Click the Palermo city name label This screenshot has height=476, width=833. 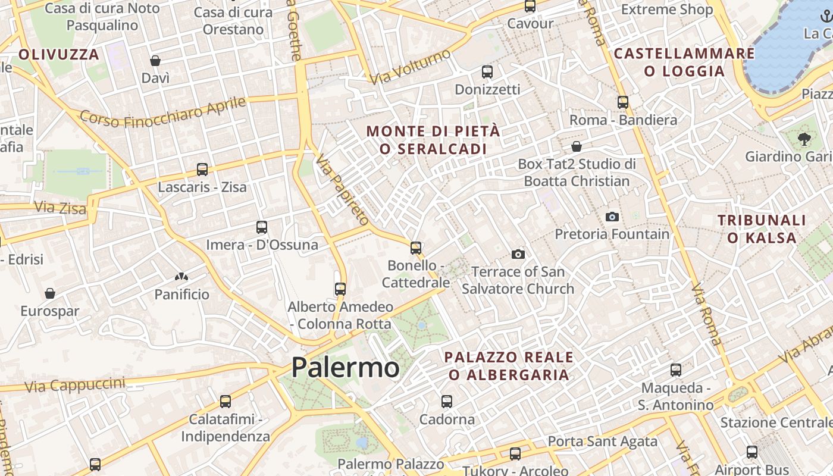click(345, 367)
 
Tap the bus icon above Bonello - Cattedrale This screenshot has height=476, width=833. click(416, 248)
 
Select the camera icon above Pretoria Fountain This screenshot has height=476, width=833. click(612, 217)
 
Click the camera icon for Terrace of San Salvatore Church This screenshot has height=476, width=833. click(518, 254)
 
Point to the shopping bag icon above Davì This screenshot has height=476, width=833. click(155, 61)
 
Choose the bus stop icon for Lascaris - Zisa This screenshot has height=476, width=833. click(202, 170)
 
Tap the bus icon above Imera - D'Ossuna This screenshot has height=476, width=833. click(262, 227)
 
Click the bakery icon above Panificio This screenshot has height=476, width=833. click(181, 277)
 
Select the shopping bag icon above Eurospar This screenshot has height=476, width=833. click(50, 293)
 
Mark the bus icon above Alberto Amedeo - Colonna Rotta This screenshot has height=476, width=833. click(340, 289)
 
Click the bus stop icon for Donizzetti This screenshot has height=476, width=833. click(487, 72)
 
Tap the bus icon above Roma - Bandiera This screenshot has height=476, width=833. click(623, 102)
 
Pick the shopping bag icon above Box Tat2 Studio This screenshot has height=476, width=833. click(577, 146)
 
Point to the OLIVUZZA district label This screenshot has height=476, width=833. click(58, 55)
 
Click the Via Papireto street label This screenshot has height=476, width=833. click(343, 190)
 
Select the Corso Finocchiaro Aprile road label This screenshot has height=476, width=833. click(163, 112)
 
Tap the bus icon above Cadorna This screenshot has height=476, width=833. click(447, 402)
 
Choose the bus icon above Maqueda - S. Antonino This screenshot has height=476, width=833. click(676, 370)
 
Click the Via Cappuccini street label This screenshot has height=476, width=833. click(75, 384)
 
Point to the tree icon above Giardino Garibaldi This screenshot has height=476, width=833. click(804, 139)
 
